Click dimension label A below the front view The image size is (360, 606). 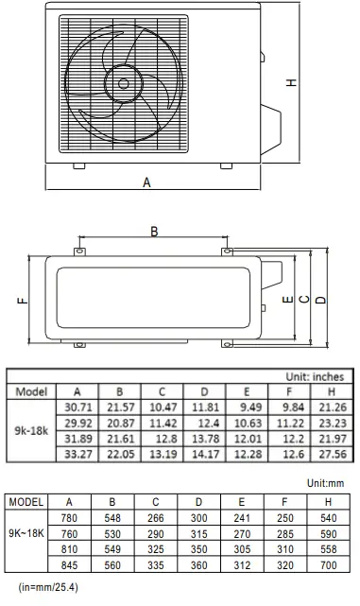point(147,183)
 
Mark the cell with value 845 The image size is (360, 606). point(69,565)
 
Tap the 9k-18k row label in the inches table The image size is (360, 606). point(28,431)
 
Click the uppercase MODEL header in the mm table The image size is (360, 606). point(26,501)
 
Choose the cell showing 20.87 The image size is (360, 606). point(119,423)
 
